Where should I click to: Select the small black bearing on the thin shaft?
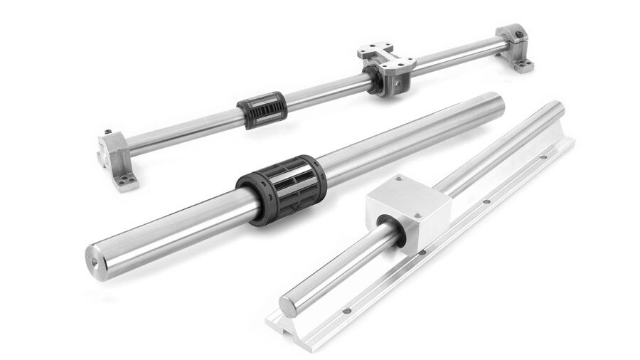(x=262, y=110)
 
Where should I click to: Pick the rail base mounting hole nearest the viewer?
(x=346, y=310)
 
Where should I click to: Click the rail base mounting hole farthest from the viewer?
(x=543, y=157)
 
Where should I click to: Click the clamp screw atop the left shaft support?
(x=106, y=132)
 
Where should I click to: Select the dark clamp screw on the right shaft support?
(x=522, y=31)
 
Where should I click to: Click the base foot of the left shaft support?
(x=126, y=184)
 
